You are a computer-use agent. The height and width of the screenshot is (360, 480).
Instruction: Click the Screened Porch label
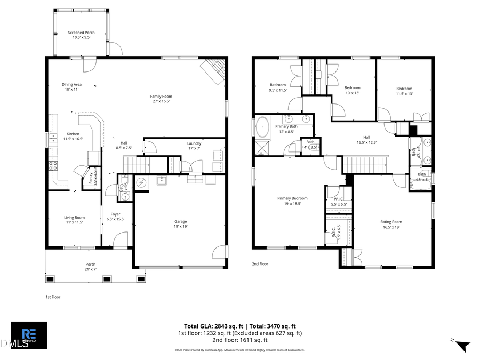point(81,35)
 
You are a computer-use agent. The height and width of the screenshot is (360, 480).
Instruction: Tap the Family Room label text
point(161,98)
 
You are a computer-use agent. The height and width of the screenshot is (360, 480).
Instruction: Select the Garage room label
point(181,224)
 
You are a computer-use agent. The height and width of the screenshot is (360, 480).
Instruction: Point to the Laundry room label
point(194,146)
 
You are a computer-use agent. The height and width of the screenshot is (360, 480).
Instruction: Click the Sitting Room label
point(391,225)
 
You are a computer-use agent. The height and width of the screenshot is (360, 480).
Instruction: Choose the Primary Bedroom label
point(292,201)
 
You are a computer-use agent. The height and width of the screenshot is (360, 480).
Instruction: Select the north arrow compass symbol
point(462,345)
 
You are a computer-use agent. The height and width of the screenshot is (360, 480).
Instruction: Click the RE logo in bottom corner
point(29,335)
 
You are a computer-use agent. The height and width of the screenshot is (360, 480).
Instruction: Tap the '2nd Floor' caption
point(260,263)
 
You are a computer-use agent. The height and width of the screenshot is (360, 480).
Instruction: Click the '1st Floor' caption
point(53,297)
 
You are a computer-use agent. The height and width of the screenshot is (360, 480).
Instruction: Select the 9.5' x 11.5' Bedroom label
point(278,87)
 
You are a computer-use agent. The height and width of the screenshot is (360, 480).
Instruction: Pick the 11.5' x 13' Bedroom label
point(404,91)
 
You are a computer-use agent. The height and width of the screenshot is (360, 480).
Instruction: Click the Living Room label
point(75,220)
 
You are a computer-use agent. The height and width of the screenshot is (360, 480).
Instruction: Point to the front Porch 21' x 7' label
point(91,267)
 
